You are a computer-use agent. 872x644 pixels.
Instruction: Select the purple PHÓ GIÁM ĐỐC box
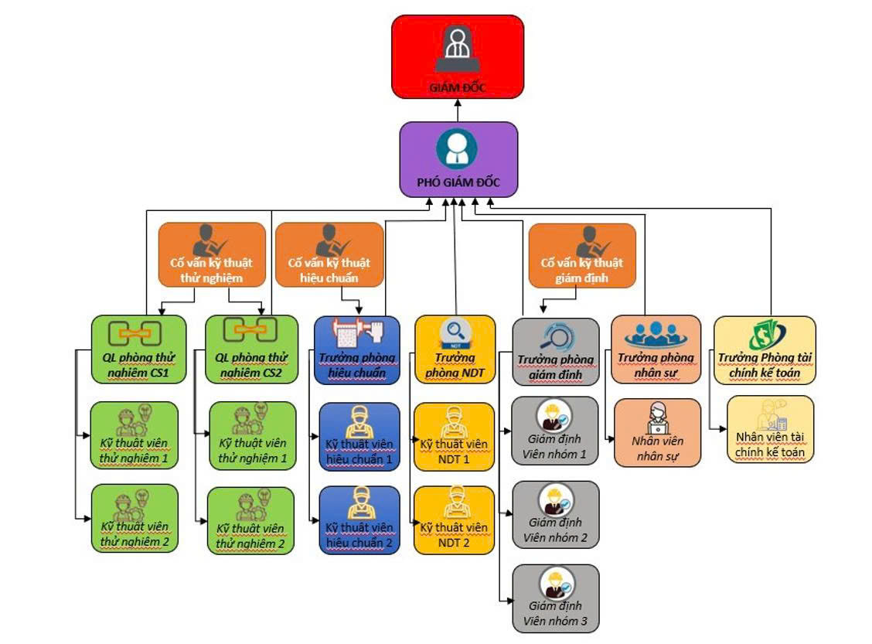click(x=458, y=158)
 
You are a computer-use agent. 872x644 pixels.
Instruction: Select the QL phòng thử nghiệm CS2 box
click(x=251, y=349)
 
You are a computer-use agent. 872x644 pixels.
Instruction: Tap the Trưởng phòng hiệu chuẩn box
click(x=357, y=349)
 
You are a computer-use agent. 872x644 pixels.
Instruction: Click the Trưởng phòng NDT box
click(x=455, y=350)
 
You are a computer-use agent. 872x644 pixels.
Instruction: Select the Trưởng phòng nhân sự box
click(x=656, y=349)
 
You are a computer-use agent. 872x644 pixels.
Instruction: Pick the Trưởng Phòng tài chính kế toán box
click(x=765, y=350)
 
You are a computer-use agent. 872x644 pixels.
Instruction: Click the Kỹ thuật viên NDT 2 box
click(x=454, y=520)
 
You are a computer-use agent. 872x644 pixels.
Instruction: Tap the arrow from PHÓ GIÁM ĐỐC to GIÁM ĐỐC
click(x=458, y=110)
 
